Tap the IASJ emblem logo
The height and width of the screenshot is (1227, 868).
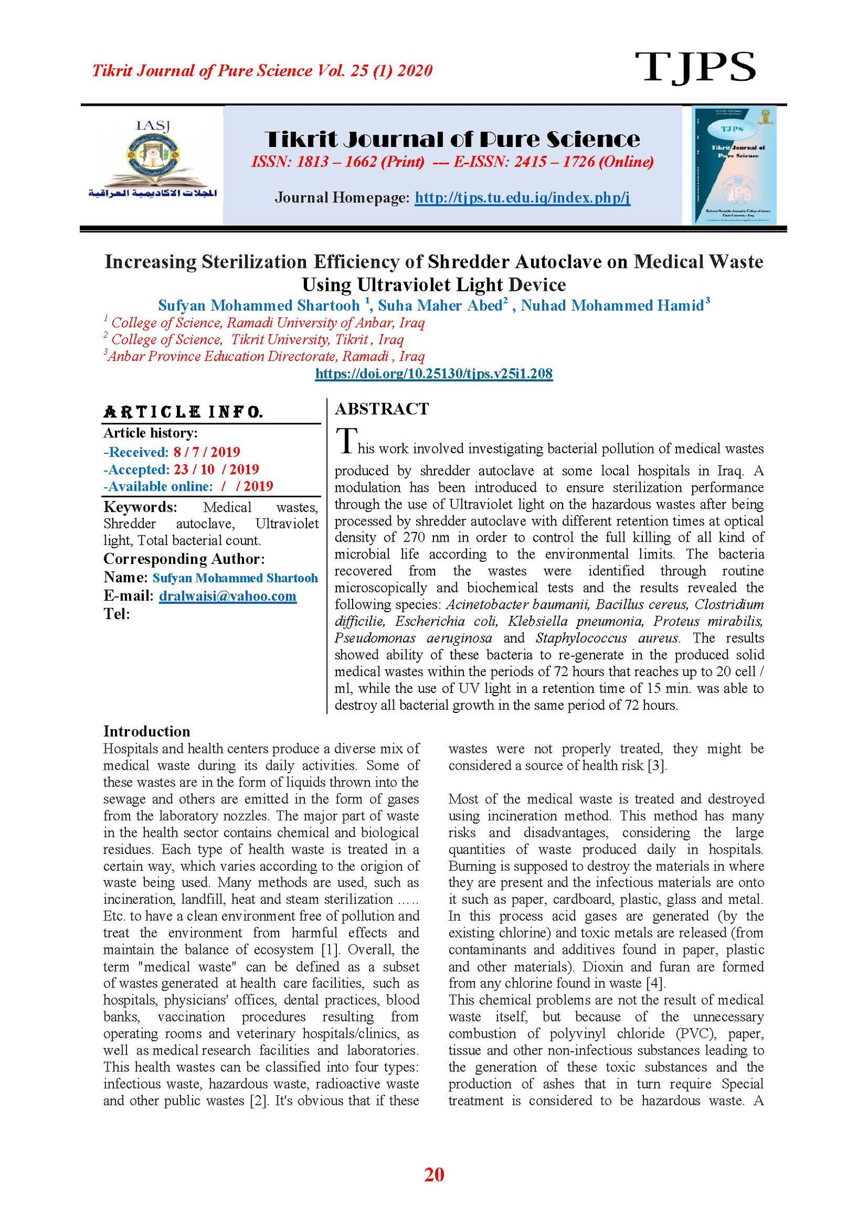(152, 160)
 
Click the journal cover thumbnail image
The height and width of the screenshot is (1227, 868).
(734, 165)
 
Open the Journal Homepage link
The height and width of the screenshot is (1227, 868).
(522, 197)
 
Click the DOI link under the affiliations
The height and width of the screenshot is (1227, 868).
(433, 374)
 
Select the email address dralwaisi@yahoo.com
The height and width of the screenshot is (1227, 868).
(227, 596)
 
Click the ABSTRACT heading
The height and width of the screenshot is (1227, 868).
(381, 409)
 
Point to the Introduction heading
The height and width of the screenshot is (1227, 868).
(146, 731)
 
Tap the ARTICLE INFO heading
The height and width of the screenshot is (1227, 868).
(183, 412)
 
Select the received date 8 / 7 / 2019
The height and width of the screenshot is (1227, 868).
(207, 452)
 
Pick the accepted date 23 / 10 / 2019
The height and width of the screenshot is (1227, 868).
(216, 469)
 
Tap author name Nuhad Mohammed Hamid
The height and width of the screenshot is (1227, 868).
(612, 306)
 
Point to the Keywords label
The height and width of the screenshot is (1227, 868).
(140, 507)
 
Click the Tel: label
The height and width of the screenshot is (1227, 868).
(117, 614)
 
